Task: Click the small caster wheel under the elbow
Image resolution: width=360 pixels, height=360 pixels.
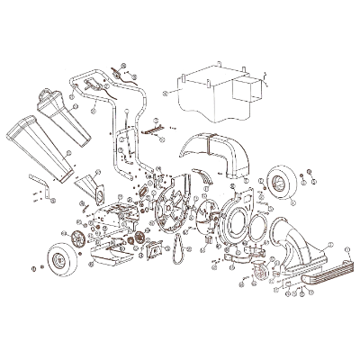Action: tap(264, 275)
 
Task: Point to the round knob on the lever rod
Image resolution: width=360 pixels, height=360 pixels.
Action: tap(136, 113)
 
